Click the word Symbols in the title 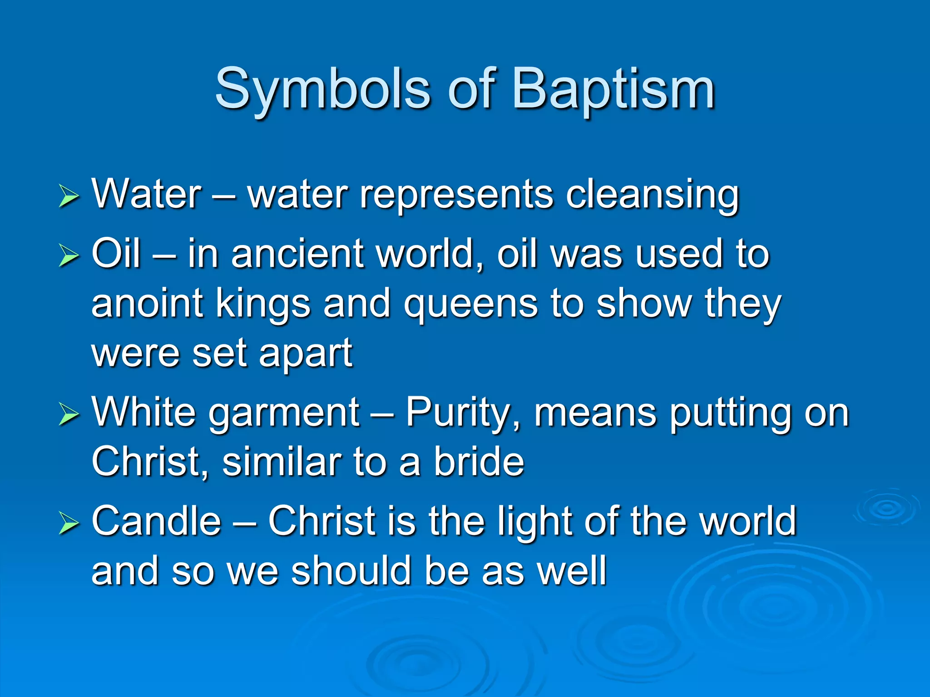(x=322, y=90)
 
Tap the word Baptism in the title (x=613, y=90)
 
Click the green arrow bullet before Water (x=69, y=197)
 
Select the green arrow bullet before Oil (x=69, y=256)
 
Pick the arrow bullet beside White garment (x=69, y=415)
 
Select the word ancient (x=297, y=254)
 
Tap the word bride (x=479, y=463)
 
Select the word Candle (x=156, y=522)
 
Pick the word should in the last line (x=351, y=572)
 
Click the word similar (x=282, y=463)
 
